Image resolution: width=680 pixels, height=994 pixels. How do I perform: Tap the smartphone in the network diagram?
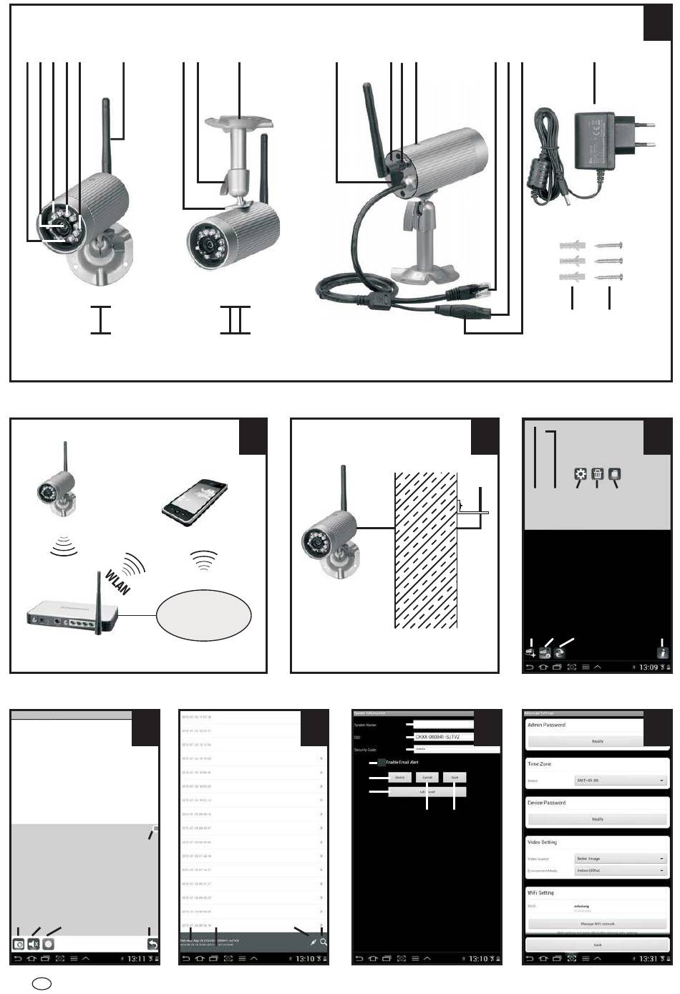tap(195, 503)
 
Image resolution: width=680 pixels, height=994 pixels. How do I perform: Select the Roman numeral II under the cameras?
tap(235, 319)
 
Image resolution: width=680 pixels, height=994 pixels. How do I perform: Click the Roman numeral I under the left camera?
tap(100, 319)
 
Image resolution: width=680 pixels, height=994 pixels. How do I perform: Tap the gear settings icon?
tap(580, 474)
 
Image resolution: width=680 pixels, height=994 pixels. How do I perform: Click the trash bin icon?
tap(597, 474)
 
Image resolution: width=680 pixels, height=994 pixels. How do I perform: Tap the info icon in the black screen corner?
tap(663, 652)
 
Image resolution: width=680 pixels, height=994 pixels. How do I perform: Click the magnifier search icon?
tap(324, 942)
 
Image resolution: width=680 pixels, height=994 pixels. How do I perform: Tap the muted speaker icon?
tap(34, 944)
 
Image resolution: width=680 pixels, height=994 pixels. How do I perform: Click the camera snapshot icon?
tap(19, 944)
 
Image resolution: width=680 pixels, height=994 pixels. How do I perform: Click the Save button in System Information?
tap(455, 777)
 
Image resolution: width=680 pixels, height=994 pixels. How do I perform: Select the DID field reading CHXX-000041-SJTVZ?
tap(444, 736)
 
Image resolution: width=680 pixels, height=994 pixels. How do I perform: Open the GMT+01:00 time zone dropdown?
tap(621, 781)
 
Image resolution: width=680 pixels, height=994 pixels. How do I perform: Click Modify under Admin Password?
tap(598, 741)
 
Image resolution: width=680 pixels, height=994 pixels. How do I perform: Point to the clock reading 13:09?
tap(648, 667)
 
